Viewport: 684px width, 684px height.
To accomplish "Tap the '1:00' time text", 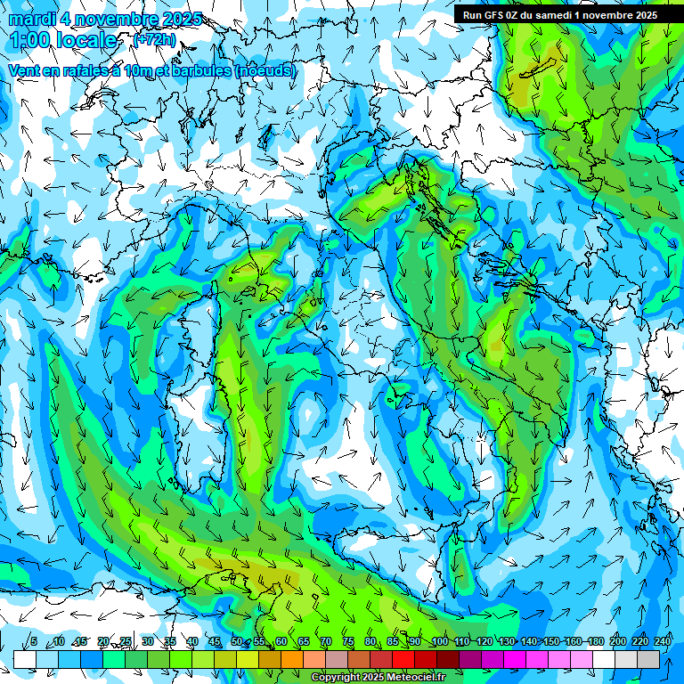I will click(x=33, y=40).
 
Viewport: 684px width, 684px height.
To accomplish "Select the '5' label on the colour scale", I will click(x=34, y=641).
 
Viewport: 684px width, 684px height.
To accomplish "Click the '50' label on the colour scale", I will click(x=237, y=641).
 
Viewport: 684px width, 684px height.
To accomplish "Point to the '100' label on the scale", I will click(x=438, y=641).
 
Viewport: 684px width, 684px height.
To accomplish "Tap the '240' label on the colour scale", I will click(x=662, y=641).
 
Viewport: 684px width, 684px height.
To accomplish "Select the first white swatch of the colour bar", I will click(x=25, y=659).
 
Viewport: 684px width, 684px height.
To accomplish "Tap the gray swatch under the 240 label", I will click(x=649, y=659).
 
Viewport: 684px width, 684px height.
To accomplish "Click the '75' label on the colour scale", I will click(x=348, y=641).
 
